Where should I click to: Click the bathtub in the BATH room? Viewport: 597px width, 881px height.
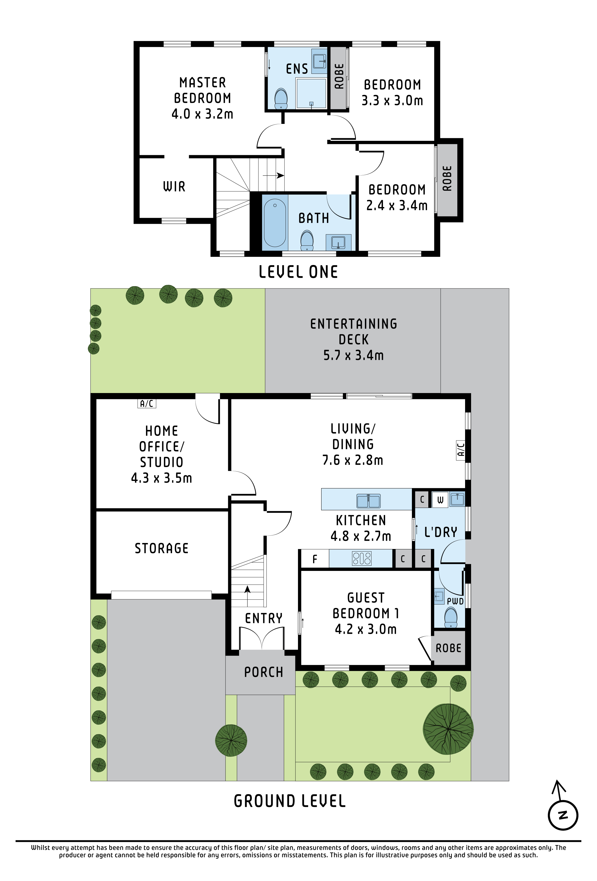[275, 223]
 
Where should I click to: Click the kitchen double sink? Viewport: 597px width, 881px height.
[368, 501]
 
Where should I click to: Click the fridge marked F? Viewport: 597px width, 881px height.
[315, 559]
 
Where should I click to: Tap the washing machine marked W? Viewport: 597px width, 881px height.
[440, 500]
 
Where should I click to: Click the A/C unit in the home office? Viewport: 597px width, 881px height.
[147, 404]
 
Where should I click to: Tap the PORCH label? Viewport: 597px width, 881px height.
[264, 672]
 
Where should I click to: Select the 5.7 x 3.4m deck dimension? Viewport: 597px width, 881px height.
[353, 355]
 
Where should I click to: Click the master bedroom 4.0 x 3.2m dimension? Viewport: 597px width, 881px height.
[202, 114]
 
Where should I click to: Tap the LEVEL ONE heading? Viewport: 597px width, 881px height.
[298, 272]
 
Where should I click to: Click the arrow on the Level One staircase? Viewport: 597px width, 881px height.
[273, 176]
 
